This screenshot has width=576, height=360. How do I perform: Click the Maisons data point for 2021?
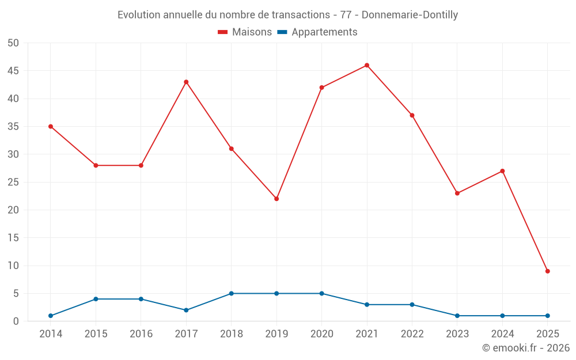coord(367,65)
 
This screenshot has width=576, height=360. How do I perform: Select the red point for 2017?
coord(186,82)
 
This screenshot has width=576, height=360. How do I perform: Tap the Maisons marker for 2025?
coord(547,271)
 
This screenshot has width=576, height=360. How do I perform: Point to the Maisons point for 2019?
coord(276,199)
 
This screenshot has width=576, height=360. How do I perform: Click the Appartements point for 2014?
coord(51,316)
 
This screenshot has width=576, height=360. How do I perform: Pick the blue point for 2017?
coord(186,310)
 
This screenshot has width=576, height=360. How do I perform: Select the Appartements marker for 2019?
coord(276,293)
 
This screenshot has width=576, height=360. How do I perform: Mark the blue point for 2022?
coord(412,305)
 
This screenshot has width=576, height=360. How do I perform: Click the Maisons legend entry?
coord(245,32)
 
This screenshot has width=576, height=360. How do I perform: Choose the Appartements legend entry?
coord(317,32)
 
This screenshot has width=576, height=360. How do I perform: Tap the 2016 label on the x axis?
coord(141,334)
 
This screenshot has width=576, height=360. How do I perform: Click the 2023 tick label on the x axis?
coord(457,334)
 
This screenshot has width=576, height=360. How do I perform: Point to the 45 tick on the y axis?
coord(13,71)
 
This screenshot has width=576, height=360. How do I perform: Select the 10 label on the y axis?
coord(13,266)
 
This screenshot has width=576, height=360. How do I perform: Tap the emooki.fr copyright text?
coord(525,348)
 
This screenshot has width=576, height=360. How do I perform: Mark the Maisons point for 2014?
coord(51,126)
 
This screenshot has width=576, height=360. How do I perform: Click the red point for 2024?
coord(502,171)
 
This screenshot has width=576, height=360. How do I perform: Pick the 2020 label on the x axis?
coord(321,334)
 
